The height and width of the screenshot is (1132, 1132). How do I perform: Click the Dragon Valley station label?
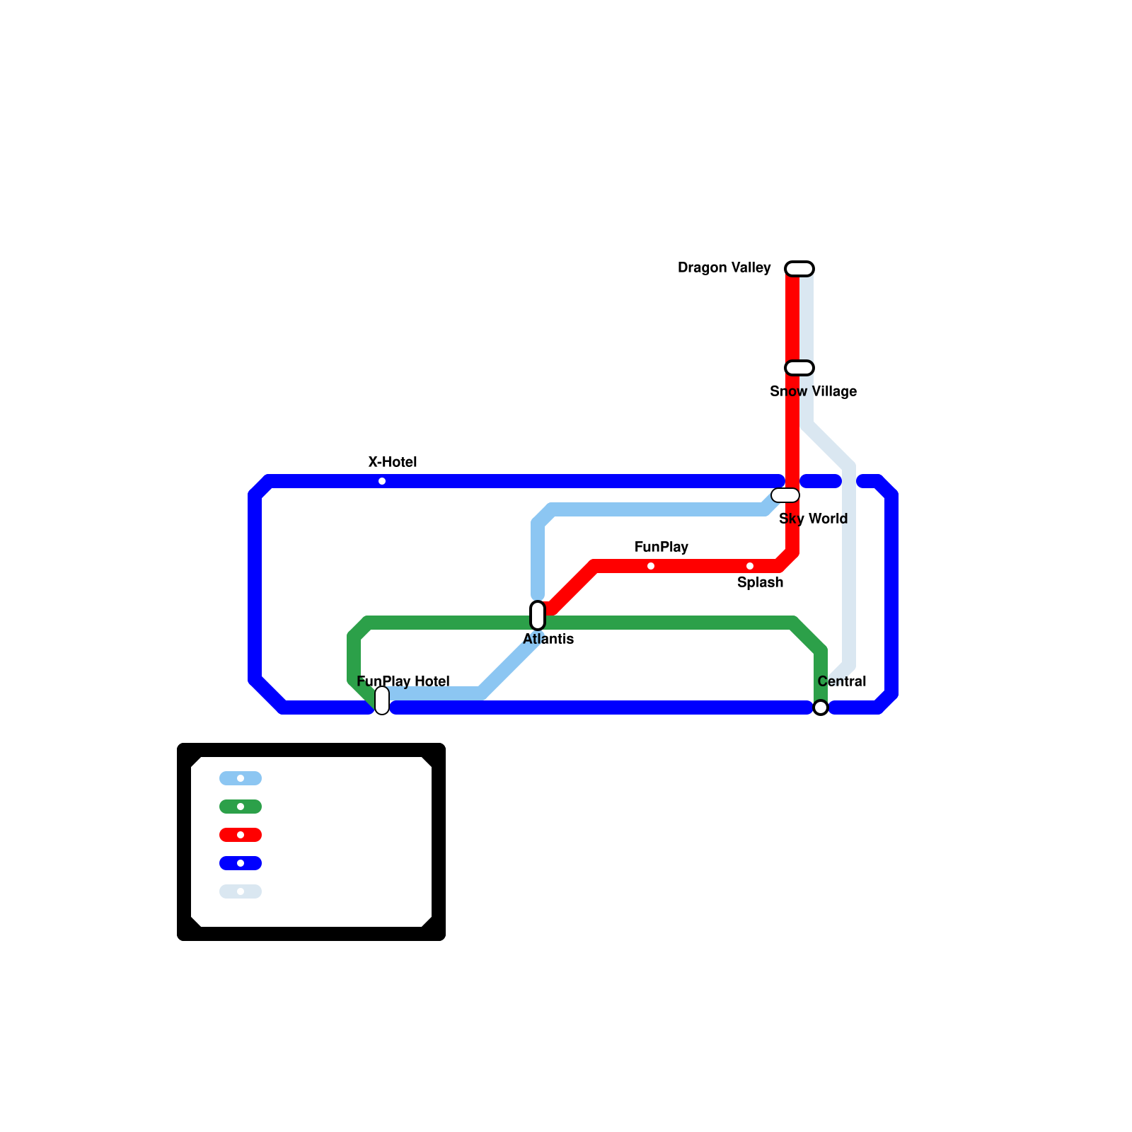pyautogui.click(x=724, y=267)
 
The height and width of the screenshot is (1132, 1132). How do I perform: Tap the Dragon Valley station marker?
pyautogui.click(x=799, y=269)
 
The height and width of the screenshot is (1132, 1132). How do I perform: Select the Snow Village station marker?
pyautogui.click(x=799, y=368)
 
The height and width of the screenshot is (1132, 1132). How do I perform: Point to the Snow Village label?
pyautogui.click(x=813, y=391)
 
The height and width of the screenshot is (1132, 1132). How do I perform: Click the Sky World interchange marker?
pyautogui.click(x=785, y=495)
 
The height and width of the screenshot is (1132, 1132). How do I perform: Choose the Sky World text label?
pyautogui.click(x=813, y=519)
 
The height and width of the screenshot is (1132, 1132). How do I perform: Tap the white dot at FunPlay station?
pyautogui.click(x=651, y=566)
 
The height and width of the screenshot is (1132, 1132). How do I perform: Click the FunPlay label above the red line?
pyautogui.click(x=661, y=547)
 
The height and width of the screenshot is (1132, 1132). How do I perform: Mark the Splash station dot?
pyautogui.click(x=750, y=566)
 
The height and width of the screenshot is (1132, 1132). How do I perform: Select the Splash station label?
pyautogui.click(x=760, y=582)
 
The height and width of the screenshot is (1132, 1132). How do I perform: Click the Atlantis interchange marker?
pyautogui.click(x=538, y=616)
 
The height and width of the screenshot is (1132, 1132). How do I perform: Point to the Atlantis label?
pyautogui.click(x=548, y=639)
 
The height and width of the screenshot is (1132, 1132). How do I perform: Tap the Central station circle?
pyautogui.click(x=821, y=707)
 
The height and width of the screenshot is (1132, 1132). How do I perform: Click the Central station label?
pyautogui.click(x=841, y=681)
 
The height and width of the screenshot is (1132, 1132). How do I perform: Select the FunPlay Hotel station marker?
pyautogui.click(x=382, y=700)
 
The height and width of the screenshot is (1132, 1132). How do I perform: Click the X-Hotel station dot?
pyautogui.click(x=382, y=481)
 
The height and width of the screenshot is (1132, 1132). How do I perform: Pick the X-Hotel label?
pyautogui.click(x=393, y=462)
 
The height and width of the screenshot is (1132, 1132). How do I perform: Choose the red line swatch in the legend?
pyautogui.click(x=241, y=835)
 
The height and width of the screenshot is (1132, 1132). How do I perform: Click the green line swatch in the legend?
pyautogui.click(x=241, y=807)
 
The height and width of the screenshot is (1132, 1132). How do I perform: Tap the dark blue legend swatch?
pyautogui.click(x=241, y=863)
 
